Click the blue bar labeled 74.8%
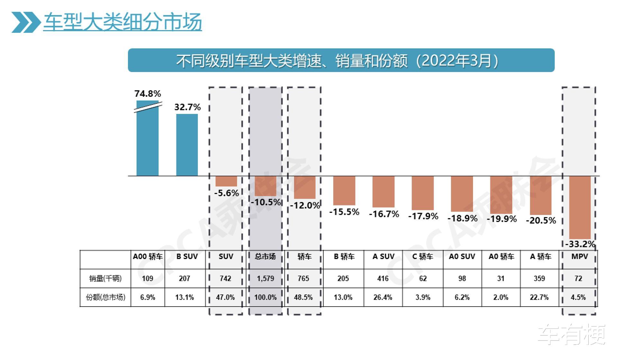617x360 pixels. tap(148, 141)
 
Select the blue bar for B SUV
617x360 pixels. tap(187, 145)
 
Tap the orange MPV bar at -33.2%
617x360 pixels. tap(580, 207)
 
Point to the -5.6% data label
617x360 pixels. tap(227, 193)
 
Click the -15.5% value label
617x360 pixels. tap(344, 212)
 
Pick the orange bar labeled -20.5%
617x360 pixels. tap(541, 195)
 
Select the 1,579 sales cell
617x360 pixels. tap(265, 278)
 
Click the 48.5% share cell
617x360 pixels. tap(303, 297)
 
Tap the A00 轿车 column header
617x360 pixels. tap(148, 256)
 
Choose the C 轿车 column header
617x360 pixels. tap(423, 256)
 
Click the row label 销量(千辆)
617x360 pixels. tap(105, 278)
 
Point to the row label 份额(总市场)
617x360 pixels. tap(105, 297)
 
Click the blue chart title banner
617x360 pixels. tap(341, 60)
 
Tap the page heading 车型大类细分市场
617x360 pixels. tap(122, 22)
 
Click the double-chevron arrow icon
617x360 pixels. tap(26, 22)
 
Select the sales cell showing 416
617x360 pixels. tap(383, 278)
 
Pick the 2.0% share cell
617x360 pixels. tap(501, 297)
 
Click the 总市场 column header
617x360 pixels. tap(265, 256)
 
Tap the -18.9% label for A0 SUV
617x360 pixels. tap(462, 218)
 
